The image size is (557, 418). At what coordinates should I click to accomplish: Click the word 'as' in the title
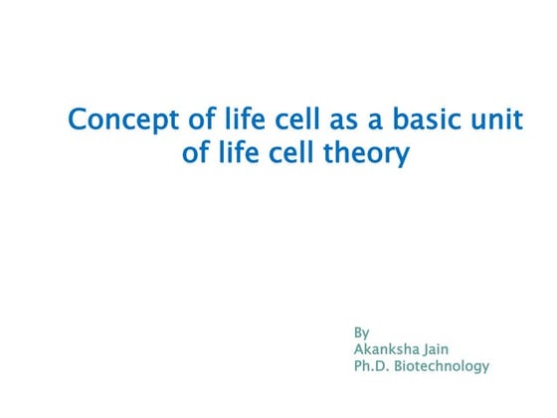pos(316,121)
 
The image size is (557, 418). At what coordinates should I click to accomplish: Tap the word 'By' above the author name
pos(361,331)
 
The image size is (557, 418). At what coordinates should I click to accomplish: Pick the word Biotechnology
pos(444,366)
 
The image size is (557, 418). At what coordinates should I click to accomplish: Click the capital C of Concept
pos(78,121)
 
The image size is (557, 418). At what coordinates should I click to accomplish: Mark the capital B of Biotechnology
pos(402,366)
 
